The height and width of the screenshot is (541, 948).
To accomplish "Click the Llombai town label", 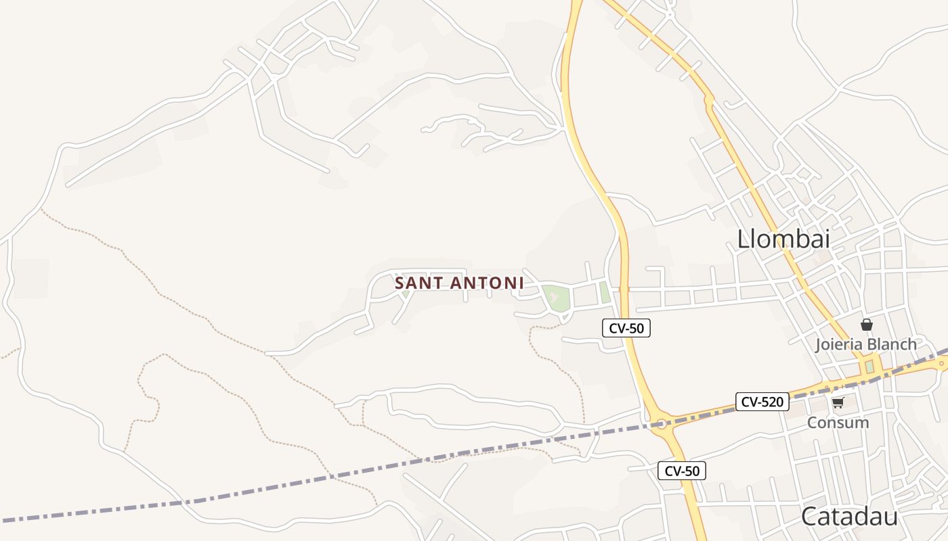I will coord(783,239).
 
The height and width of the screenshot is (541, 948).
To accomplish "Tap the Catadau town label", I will coord(849,517).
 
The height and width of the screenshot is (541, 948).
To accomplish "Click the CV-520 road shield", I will coord(762,402).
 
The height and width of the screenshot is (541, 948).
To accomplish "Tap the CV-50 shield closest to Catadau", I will coord(682,471).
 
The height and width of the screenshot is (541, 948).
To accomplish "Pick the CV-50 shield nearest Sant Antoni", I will coord(626,329).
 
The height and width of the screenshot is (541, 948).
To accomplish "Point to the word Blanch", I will coord(892,344).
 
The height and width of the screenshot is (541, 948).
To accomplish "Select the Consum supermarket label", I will coord(838,423).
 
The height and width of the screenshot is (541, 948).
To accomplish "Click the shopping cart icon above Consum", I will coord(838,403).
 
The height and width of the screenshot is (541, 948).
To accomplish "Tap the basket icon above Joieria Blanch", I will coord(866,325).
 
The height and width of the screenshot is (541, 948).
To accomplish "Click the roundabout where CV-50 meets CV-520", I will coord(661,424).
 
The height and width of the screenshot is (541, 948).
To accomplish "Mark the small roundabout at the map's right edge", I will coord(941,364).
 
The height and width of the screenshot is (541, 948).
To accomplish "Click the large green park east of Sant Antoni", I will coord(555,298).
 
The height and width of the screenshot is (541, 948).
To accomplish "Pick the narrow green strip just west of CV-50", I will coord(605,293).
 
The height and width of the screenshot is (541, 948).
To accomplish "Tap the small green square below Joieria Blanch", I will coord(869,367).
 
